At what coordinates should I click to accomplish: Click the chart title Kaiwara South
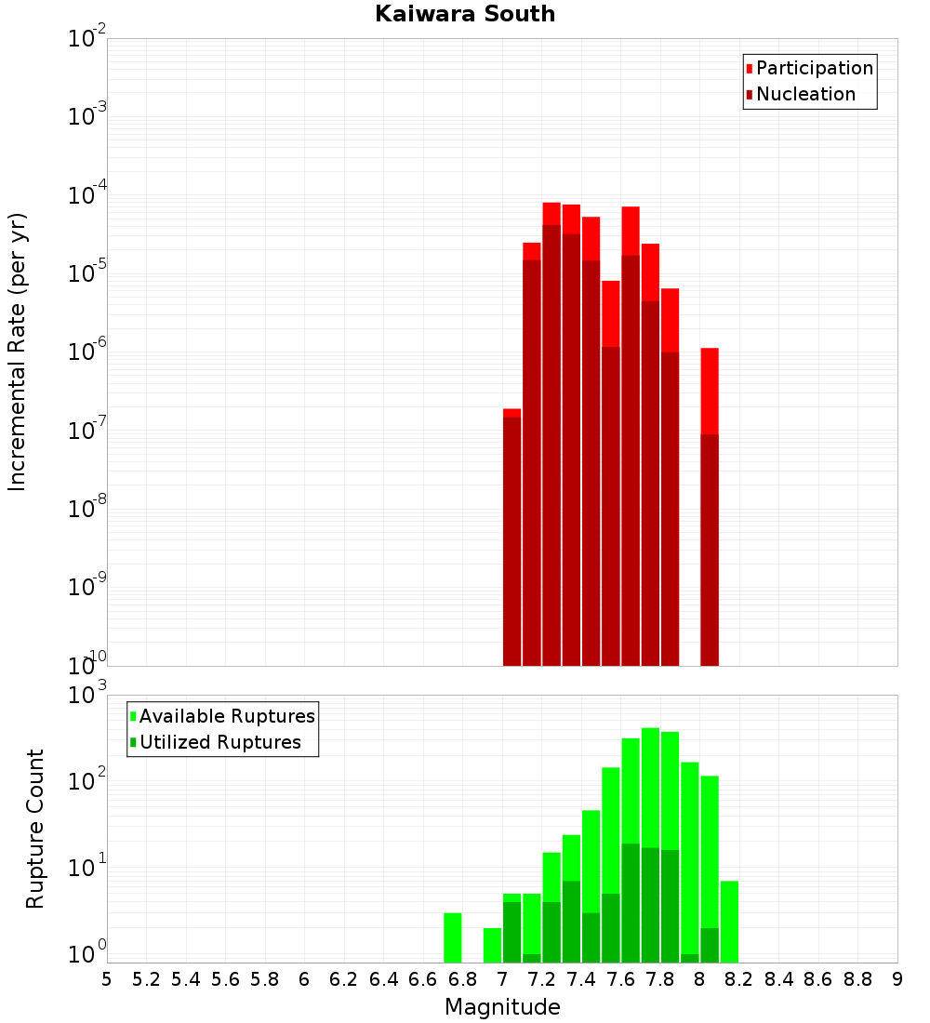coord(465,15)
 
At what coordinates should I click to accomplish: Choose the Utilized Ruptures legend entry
coord(219,743)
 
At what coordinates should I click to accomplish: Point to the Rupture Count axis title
coord(35,829)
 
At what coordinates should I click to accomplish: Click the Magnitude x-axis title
coord(502,1007)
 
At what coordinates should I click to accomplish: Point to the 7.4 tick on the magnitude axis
coord(581,979)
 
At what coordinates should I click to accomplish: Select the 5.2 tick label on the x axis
coord(147,979)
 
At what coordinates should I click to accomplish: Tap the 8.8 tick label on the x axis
coord(857,979)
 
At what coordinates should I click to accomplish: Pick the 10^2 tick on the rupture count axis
coord(87,780)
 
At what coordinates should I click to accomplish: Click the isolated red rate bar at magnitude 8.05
coord(710,507)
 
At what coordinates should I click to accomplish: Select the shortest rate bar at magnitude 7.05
coord(511,539)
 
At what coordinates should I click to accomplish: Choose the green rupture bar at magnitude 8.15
coord(729,922)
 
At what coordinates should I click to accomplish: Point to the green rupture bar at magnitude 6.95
coord(492,945)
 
